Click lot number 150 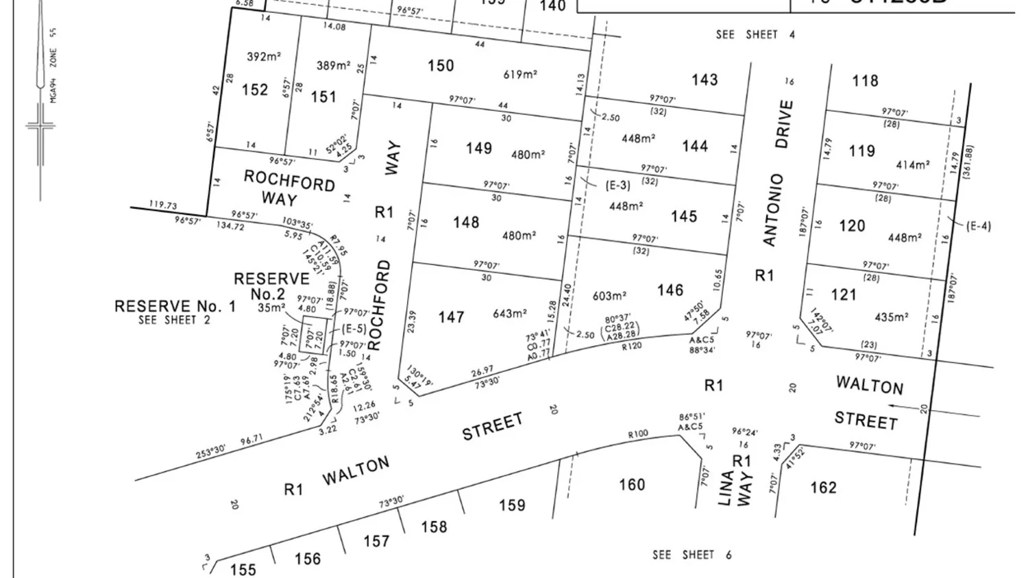[441, 66]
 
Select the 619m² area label [519, 75]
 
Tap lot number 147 [451, 317]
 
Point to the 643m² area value [509, 314]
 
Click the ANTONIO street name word [773, 210]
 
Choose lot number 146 [670, 290]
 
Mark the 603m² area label [609, 296]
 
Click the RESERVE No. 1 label [175, 306]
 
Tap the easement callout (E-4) [978, 226]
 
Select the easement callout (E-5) [354, 329]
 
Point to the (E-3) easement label [617, 185]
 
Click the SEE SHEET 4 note [755, 34]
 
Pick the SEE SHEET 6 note [692, 555]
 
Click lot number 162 [823, 487]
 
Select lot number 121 [843, 294]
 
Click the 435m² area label [892, 318]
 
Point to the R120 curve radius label [631, 347]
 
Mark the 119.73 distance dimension [162, 205]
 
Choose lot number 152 [255, 90]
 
